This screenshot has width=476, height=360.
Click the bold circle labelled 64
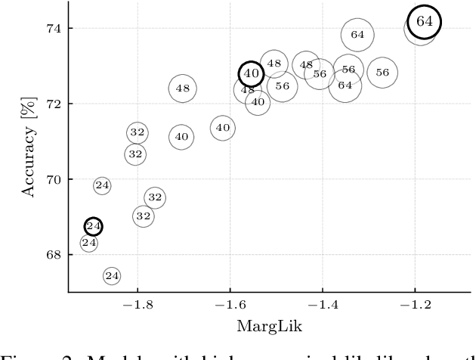click(424, 22)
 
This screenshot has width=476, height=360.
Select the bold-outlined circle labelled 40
click(251, 74)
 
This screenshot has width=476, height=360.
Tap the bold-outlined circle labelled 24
click(93, 226)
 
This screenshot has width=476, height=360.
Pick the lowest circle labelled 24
click(112, 276)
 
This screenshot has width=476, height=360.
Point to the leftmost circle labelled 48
click(182, 88)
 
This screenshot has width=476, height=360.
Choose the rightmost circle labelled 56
click(382, 73)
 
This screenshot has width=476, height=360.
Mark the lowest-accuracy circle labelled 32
click(144, 216)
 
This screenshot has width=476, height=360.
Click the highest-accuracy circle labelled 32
click(137, 133)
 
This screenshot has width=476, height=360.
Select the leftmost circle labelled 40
click(181, 137)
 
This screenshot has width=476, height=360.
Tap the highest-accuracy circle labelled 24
click(102, 185)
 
